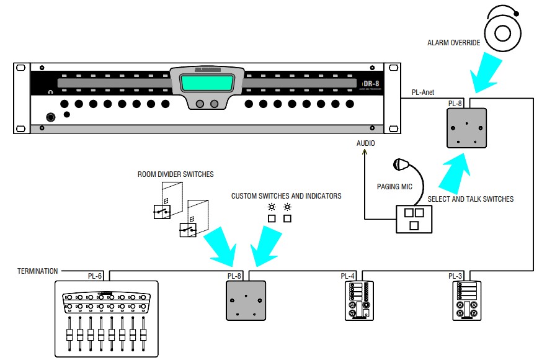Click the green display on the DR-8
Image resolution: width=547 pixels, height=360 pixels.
click(x=207, y=83)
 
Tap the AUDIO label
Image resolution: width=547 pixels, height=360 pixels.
click(x=366, y=143)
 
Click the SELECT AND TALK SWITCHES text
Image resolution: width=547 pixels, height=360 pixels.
click(x=470, y=199)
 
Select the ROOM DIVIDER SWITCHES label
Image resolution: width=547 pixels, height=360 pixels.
click(x=176, y=174)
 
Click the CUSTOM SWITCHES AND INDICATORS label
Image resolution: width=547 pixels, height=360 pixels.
click(x=286, y=196)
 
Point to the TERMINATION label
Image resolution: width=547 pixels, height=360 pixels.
click(x=38, y=271)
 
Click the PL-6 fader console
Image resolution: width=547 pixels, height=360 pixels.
click(x=107, y=318)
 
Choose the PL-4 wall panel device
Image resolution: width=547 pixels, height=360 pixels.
click(x=360, y=300)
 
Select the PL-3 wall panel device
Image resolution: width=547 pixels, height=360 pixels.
click(x=468, y=300)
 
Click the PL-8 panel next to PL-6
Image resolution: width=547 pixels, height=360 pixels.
click(x=246, y=300)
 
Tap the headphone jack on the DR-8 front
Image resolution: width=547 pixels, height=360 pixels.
click(x=50, y=116)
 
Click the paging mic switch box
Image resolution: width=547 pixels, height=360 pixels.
click(x=414, y=218)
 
